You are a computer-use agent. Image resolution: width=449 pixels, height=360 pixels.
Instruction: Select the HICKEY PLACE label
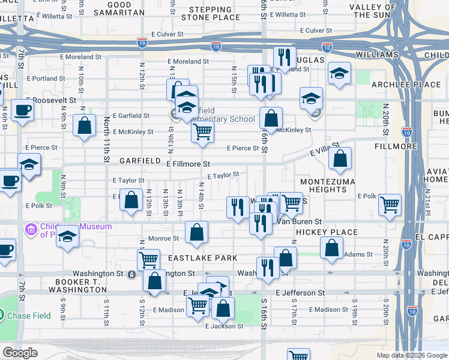tap(327, 232)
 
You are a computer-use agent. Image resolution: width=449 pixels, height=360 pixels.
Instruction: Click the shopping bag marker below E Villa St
tap(340, 159)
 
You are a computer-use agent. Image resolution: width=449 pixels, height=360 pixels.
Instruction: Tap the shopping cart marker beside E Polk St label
tap(390, 205)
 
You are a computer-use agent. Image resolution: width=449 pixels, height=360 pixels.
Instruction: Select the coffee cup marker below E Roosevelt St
tap(23, 111)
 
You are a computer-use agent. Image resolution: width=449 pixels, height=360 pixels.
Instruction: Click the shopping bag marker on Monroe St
tap(196, 232)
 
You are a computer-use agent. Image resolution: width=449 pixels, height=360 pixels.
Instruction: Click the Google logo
tap(19, 352)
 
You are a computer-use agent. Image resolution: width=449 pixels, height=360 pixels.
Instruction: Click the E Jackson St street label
tap(224, 326)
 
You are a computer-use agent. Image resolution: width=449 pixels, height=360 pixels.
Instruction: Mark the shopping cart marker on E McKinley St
tap(203, 131)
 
